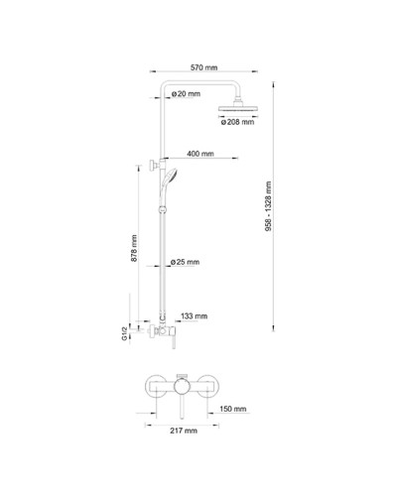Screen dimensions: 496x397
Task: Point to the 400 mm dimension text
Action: tap(200, 154)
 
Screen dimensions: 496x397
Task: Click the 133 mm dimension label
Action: tap(194, 316)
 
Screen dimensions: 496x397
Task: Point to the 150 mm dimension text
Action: tap(232, 408)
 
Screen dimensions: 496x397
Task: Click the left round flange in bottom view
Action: tap(154, 389)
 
